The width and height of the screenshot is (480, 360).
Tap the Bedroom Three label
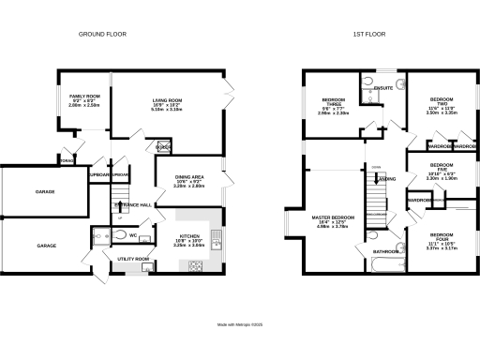[x=335, y=104]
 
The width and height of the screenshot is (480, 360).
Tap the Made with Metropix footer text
[x=240, y=324]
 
